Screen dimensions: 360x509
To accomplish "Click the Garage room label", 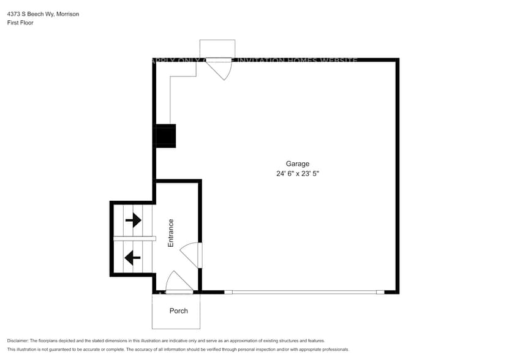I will click(x=297, y=163).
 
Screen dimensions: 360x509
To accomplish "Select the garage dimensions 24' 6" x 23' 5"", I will click(x=297, y=174).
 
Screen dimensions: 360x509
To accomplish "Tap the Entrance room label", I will click(x=171, y=233).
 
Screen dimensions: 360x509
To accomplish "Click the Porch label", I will click(x=178, y=311).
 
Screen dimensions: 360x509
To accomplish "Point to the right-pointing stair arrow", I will click(x=133, y=219).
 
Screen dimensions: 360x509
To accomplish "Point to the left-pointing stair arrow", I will click(x=132, y=257).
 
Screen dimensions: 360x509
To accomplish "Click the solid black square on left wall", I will click(x=166, y=135).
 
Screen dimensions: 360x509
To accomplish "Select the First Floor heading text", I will click(x=20, y=23).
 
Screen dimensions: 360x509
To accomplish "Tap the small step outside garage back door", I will click(x=217, y=49).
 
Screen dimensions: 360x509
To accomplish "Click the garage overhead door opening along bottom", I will click(x=304, y=292).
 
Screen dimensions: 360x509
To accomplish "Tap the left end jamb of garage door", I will click(x=228, y=292).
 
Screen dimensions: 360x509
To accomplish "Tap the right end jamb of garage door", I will click(x=380, y=292).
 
